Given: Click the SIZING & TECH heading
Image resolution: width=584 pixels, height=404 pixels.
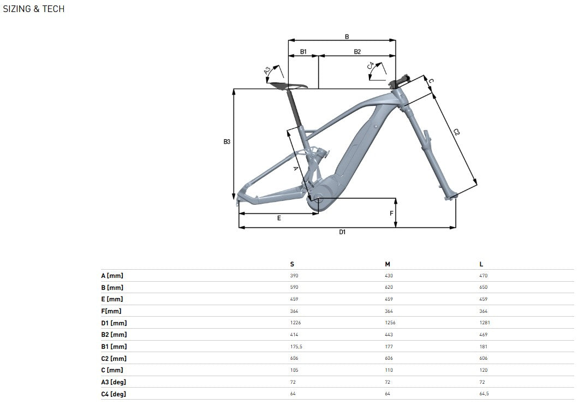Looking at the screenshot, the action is [33, 9].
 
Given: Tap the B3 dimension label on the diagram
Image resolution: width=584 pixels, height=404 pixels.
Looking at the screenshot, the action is [227, 141].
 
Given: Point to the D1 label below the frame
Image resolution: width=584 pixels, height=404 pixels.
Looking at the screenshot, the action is [342, 232].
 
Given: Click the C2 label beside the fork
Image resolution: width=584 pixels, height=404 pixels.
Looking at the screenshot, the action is [457, 132].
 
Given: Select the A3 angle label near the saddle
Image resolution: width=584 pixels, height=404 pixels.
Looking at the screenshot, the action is [267, 71].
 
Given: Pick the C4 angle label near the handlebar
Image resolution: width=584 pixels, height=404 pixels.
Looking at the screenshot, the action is [370, 66].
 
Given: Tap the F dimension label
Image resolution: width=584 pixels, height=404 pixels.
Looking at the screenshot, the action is [391, 213].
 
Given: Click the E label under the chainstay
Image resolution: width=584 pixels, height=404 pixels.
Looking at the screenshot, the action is [279, 218].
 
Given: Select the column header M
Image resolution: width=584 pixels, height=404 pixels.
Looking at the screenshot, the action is [388, 264].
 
